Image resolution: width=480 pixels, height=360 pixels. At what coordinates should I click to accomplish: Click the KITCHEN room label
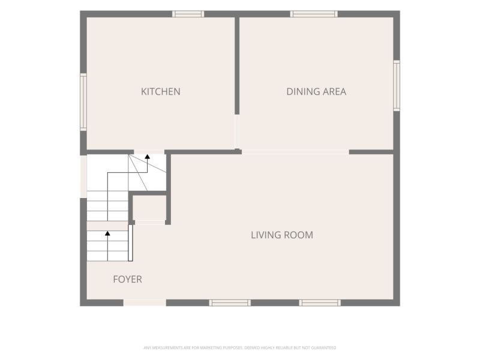[x=160, y=92]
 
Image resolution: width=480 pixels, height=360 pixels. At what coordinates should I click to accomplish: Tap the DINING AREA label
[x=316, y=92]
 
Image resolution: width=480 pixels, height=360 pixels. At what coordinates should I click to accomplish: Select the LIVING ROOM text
[x=282, y=235]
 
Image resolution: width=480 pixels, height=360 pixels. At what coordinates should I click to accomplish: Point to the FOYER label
[x=127, y=279]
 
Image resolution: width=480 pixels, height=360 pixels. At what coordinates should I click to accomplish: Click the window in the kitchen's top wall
[x=188, y=14]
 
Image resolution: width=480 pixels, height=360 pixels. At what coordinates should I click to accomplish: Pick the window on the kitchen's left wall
[x=83, y=102]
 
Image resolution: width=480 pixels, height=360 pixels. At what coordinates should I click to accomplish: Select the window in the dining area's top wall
[x=314, y=14]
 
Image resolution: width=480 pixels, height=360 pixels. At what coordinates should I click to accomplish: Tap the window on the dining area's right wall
[x=397, y=85]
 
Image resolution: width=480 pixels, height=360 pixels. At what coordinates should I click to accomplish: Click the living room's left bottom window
[x=230, y=303]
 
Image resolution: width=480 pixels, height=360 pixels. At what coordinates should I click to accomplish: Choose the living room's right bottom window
[x=320, y=303]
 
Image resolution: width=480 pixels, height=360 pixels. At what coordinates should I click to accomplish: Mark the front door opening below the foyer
[x=145, y=303]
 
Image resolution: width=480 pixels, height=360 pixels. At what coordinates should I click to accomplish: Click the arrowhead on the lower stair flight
[x=107, y=233]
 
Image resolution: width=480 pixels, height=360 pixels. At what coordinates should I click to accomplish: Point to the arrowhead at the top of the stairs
[x=147, y=157]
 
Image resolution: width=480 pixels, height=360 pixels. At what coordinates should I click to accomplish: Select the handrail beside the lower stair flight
[x=130, y=243]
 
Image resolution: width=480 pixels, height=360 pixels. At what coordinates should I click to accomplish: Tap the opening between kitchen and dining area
[x=237, y=131]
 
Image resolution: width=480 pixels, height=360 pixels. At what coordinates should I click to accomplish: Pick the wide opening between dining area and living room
[x=295, y=152]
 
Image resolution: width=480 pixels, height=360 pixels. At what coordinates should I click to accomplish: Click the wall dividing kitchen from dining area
[x=237, y=65]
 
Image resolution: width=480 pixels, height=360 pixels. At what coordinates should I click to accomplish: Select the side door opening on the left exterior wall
[x=83, y=176]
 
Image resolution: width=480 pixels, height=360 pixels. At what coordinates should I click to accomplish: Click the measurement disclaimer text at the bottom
[x=240, y=348]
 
